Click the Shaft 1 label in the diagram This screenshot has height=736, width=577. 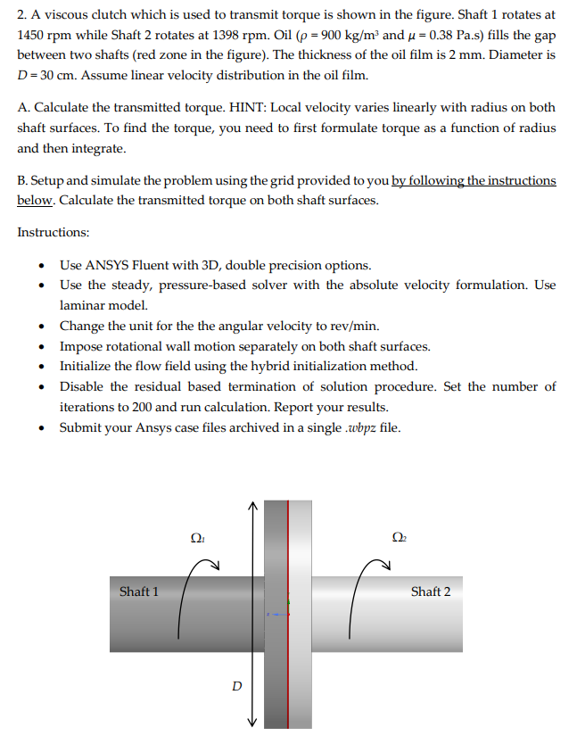click(x=138, y=591)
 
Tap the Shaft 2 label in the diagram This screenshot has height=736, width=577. click(x=430, y=591)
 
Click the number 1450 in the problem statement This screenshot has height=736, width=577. click(x=33, y=33)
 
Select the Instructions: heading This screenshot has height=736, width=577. click(x=53, y=232)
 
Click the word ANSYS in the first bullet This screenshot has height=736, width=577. click(x=105, y=265)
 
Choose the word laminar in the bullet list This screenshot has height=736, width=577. click(x=82, y=305)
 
